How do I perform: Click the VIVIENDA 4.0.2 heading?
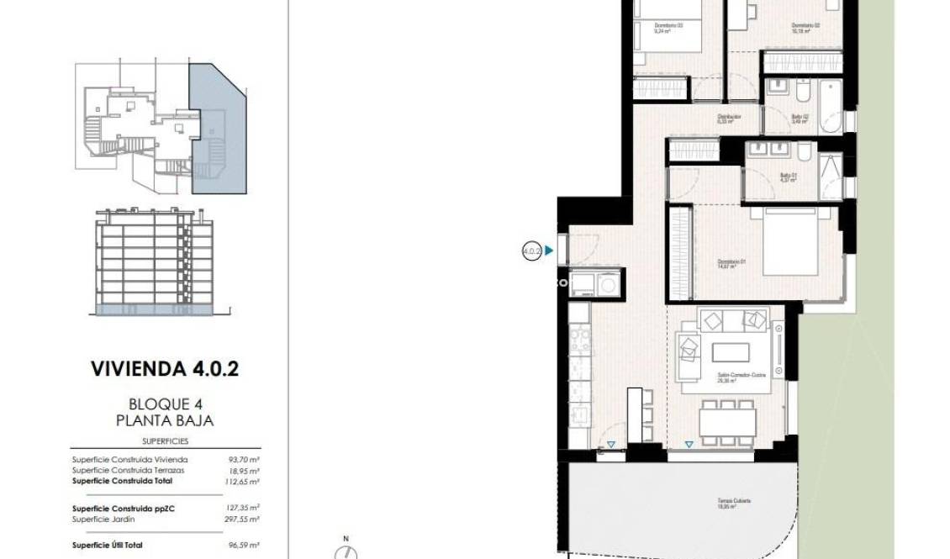tap(165, 368)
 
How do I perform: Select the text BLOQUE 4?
tap(165, 403)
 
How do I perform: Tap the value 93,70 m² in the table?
tap(244, 460)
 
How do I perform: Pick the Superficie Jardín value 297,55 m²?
tap(244, 519)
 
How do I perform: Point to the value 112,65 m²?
tap(244, 482)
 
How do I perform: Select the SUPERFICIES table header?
tap(165, 440)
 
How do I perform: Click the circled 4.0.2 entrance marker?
tap(531, 250)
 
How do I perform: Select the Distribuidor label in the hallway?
tap(729, 118)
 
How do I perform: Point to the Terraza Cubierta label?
tap(734, 503)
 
